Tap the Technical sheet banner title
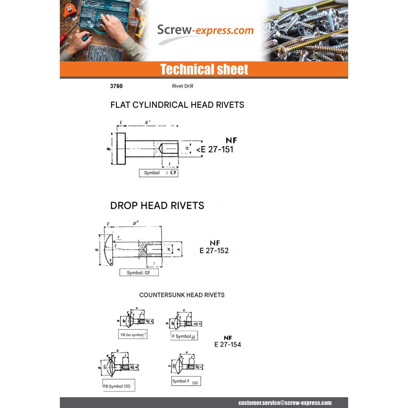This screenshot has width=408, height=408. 204,69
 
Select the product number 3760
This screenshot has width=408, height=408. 116,86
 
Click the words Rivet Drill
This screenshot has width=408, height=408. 183,86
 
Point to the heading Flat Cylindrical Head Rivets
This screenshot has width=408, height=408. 177,105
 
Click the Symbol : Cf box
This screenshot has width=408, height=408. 159,173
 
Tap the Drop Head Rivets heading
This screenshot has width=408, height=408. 157,206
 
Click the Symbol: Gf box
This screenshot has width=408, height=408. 139,273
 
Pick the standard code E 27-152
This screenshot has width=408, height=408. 214,251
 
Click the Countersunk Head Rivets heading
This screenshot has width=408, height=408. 182,295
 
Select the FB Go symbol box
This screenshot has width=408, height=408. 133,334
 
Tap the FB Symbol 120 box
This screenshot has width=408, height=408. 119,385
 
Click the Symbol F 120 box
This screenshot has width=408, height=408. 186,381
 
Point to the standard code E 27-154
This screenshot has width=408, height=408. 228,345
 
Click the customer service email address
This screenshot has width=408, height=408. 285,403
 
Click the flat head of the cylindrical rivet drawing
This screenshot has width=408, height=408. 121,149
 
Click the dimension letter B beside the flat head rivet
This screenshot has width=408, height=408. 109,149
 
